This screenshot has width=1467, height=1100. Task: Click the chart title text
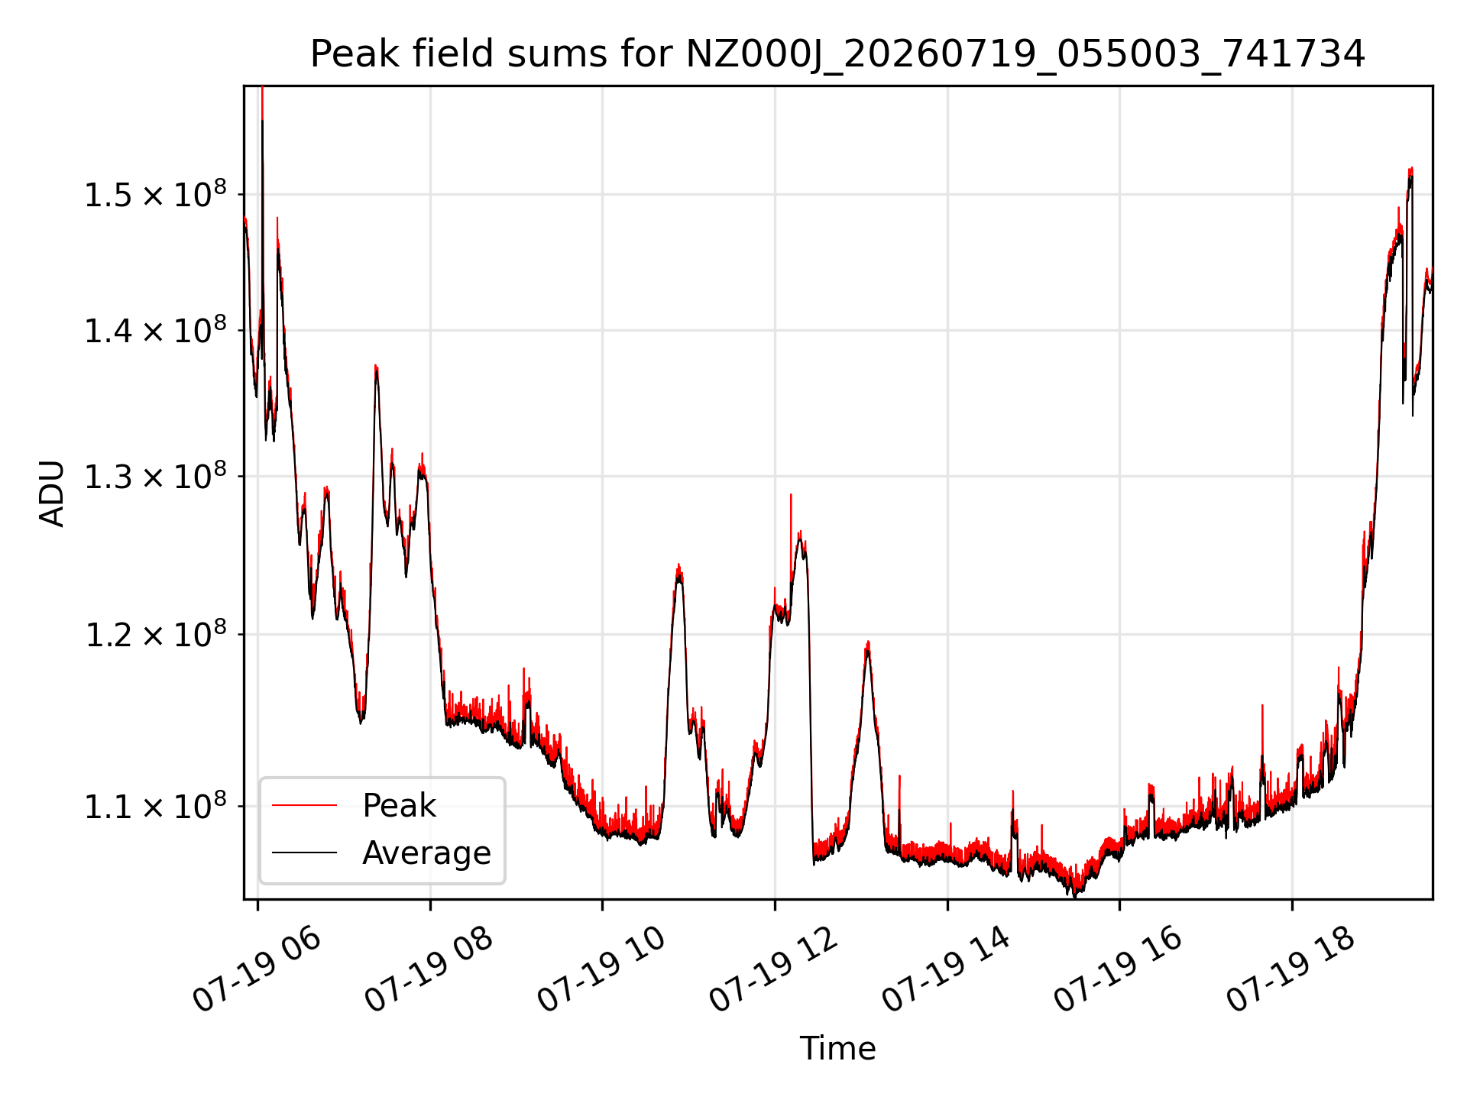837,54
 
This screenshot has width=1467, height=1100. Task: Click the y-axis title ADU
52,493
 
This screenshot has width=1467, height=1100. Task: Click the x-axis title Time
837,1048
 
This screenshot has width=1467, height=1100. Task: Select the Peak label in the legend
399,805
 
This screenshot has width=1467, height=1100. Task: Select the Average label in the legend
426,852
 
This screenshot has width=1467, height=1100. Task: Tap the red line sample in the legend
304,805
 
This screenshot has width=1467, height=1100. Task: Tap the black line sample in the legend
304,852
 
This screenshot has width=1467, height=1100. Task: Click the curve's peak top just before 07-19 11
678,565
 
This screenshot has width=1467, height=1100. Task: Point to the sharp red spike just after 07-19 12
791,495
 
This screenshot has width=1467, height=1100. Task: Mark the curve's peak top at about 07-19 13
868,642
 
